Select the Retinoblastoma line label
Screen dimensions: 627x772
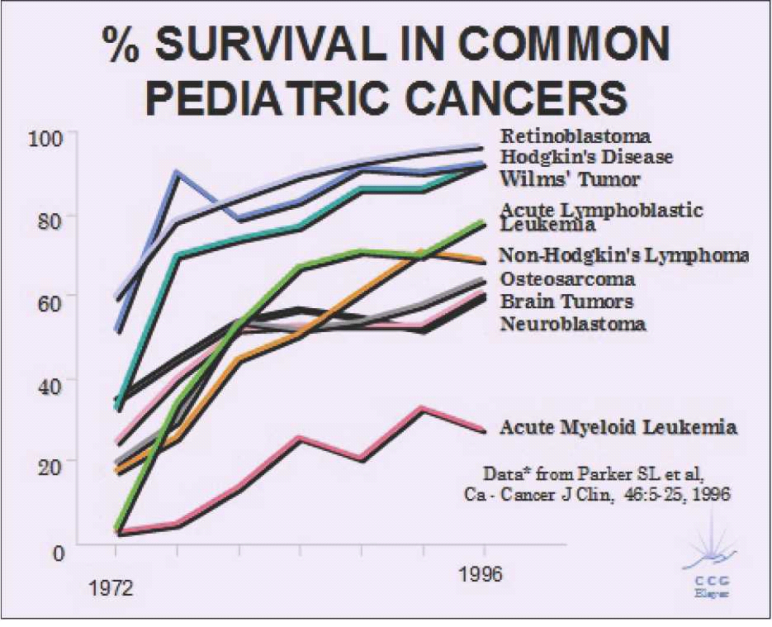click(x=575, y=136)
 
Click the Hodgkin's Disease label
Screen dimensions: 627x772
click(x=586, y=157)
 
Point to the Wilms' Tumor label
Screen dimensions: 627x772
click(x=570, y=178)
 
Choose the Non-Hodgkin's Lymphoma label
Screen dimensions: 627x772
click(x=624, y=255)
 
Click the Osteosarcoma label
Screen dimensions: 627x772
click(x=567, y=279)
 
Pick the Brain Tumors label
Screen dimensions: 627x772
click(x=566, y=302)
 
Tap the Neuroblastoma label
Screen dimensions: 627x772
click(x=573, y=324)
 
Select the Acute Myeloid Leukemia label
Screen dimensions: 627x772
click(x=618, y=427)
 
